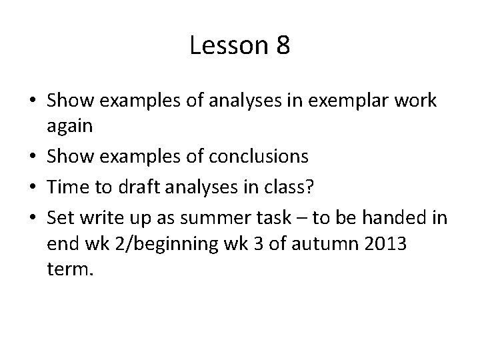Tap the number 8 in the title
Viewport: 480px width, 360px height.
[281, 45]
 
